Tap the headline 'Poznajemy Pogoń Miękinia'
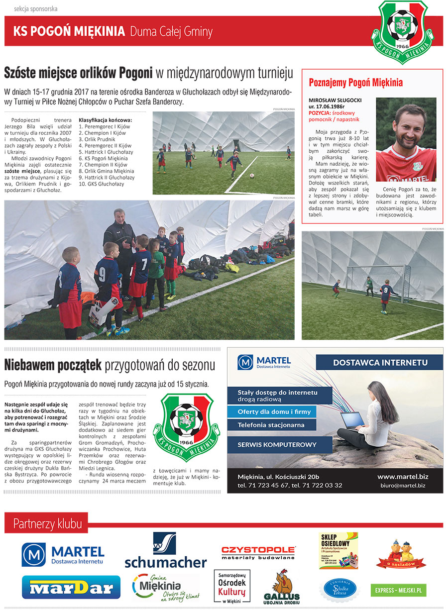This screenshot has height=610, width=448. click(x=355, y=83)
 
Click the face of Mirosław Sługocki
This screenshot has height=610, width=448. click(x=406, y=125)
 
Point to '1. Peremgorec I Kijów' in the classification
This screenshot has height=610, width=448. click(x=105, y=126)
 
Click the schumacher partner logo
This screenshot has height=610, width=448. click(x=165, y=550)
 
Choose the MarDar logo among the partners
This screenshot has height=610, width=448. click(x=71, y=588)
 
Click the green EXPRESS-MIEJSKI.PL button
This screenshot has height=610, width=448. click(x=398, y=590)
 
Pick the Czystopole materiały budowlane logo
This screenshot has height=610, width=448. click(x=258, y=552)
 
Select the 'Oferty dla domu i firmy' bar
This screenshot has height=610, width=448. click(x=274, y=411)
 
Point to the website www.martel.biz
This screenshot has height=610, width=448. click(x=402, y=476)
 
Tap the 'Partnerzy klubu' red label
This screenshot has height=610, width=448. click(x=47, y=523)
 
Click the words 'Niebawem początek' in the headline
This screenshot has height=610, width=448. click(x=53, y=365)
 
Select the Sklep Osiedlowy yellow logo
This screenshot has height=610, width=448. click(x=338, y=550)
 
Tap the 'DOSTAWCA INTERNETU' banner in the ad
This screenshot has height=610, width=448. click(x=380, y=362)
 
